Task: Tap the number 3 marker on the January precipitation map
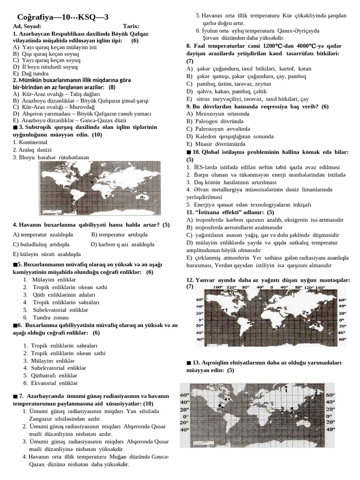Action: click(x=277, y=327)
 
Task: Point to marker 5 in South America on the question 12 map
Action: click(x=251, y=322)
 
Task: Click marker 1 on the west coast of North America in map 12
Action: click(x=226, y=310)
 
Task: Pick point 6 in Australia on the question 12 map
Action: click(x=313, y=329)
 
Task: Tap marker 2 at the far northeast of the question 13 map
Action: click(x=316, y=392)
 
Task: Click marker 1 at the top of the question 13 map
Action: click(x=286, y=389)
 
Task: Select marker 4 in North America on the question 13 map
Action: click(x=226, y=399)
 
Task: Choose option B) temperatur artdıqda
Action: click(x=119, y=234)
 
